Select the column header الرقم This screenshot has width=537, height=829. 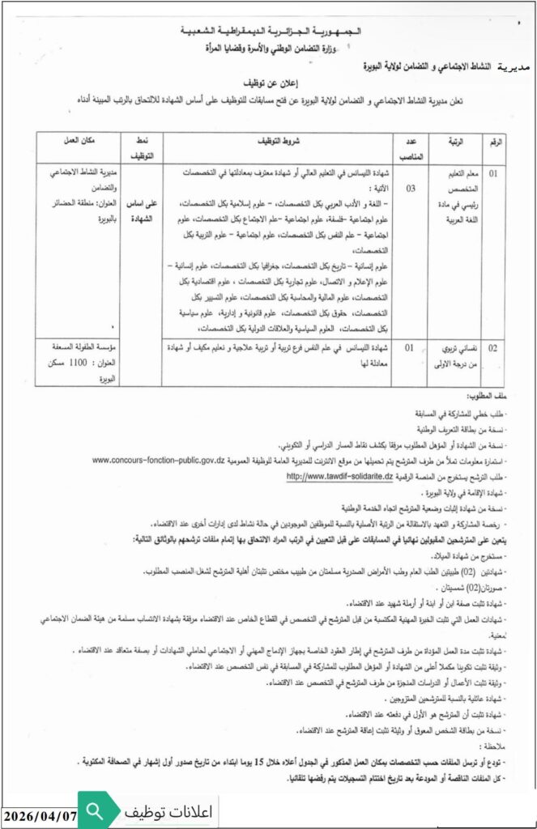[x=494, y=142]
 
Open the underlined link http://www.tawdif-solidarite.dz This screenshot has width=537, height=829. [x=339, y=477]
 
